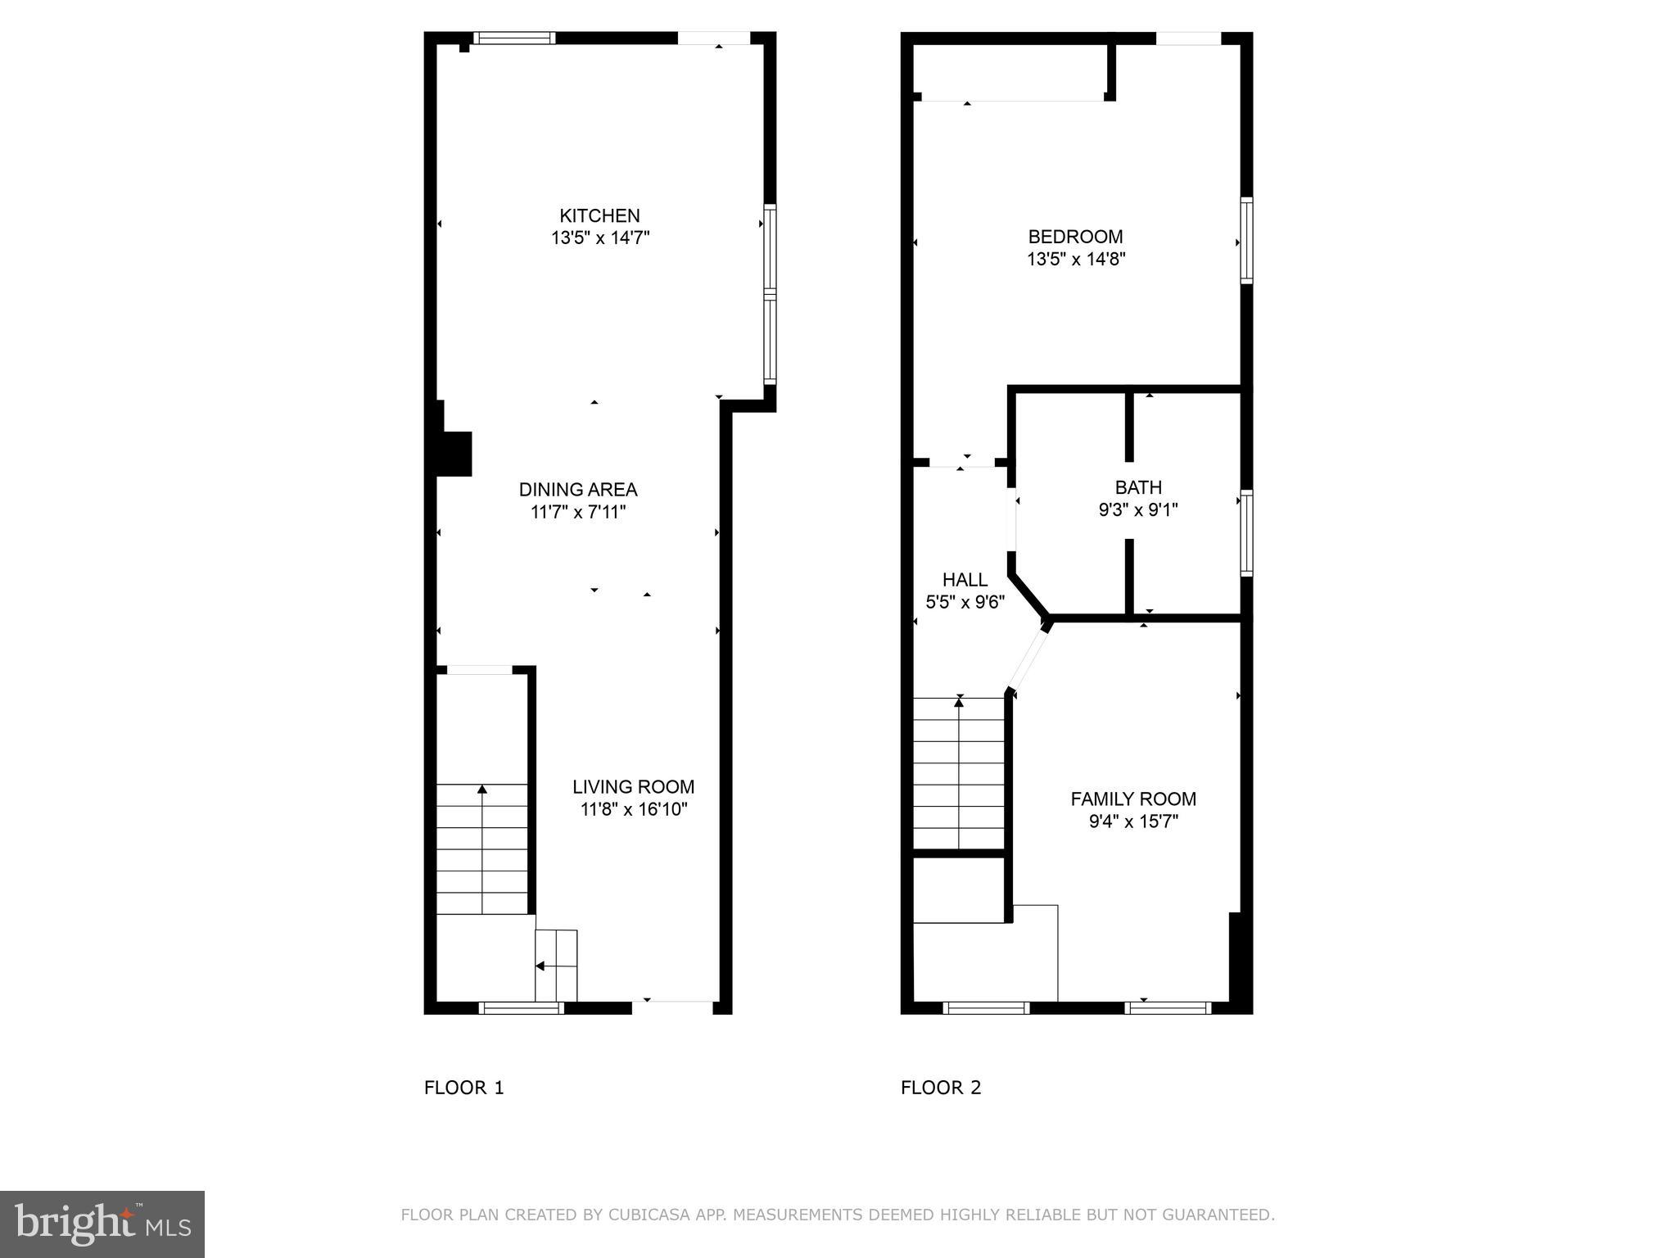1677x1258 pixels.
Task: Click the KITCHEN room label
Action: click(x=599, y=215)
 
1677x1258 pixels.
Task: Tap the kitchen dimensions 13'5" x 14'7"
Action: click(x=600, y=238)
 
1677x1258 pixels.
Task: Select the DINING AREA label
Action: click(x=578, y=490)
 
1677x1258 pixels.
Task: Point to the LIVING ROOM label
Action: click(x=633, y=787)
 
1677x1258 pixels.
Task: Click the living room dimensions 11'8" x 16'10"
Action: click(x=634, y=810)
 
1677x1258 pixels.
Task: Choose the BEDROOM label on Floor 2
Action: click(x=1075, y=237)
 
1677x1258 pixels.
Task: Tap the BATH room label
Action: click(x=1138, y=487)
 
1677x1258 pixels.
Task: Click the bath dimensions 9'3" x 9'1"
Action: click(x=1138, y=510)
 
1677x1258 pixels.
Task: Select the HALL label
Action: click(x=965, y=580)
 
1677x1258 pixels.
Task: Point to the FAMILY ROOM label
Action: click(x=1133, y=799)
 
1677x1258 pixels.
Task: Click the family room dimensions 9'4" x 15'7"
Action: click(x=1133, y=821)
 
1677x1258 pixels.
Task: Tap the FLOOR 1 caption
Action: click(x=464, y=1088)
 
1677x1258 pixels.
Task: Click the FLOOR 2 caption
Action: click(x=941, y=1088)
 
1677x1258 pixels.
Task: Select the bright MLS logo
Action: click(x=102, y=1224)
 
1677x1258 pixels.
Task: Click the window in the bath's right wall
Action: click(x=1246, y=532)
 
